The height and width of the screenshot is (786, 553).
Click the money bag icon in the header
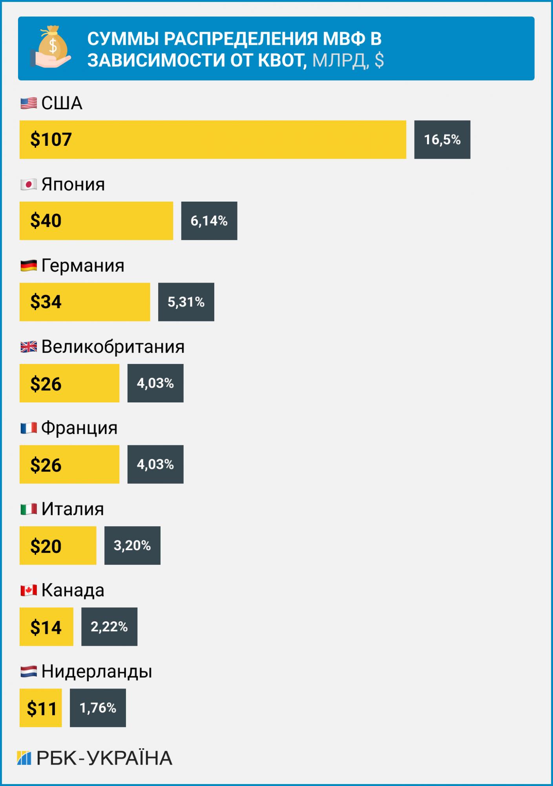point(51,47)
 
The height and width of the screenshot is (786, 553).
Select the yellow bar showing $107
point(213,140)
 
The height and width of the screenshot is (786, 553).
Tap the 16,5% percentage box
point(442,140)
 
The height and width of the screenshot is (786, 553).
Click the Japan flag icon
point(29,184)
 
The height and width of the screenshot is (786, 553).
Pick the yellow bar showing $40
point(96,221)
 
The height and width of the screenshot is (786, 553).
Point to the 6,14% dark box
point(209,221)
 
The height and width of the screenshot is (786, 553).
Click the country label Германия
point(83,266)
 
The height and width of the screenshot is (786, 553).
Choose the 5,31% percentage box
point(186,302)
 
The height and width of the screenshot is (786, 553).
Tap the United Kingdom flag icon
point(29,347)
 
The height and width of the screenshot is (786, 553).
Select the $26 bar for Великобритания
point(69,383)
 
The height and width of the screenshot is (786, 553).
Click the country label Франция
point(79,428)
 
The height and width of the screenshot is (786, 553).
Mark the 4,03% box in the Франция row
point(155,464)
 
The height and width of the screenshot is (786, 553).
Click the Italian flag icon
point(29,509)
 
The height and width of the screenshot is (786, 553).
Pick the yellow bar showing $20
point(58,545)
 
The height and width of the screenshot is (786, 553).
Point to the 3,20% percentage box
point(132,545)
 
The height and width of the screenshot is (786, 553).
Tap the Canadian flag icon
point(29,590)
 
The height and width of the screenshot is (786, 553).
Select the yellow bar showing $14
point(46,627)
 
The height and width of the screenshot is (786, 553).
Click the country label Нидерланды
point(97,671)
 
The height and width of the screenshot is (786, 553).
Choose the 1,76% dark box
point(98,708)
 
